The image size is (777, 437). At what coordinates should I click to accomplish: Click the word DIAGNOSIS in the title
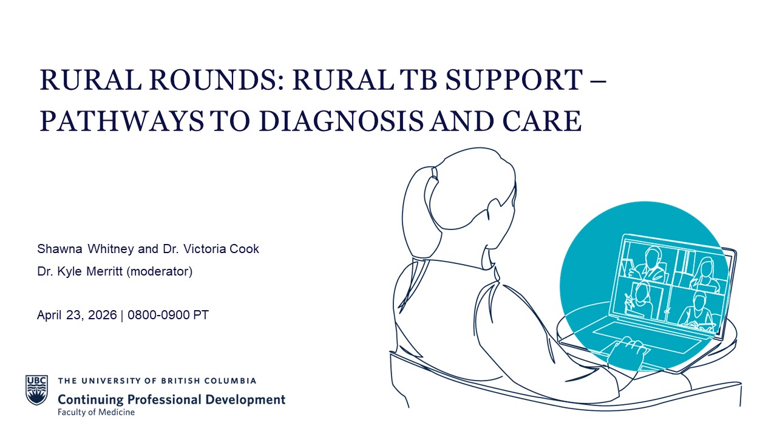[x=341, y=121]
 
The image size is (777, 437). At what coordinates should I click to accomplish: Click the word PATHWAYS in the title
[x=122, y=121]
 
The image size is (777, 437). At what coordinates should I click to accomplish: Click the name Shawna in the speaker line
[x=59, y=249]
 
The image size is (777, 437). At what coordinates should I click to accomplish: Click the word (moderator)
[x=160, y=272]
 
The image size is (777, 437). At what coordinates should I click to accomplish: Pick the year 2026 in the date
[x=103, y=315]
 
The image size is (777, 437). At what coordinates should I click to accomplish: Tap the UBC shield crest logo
[x=37, y=390]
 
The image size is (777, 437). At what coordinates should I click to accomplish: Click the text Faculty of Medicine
[x=96, y=412]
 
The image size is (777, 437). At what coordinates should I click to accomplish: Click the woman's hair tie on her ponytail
[x=435, y=173]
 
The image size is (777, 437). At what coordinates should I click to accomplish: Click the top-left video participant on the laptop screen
[x=648, y=264]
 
